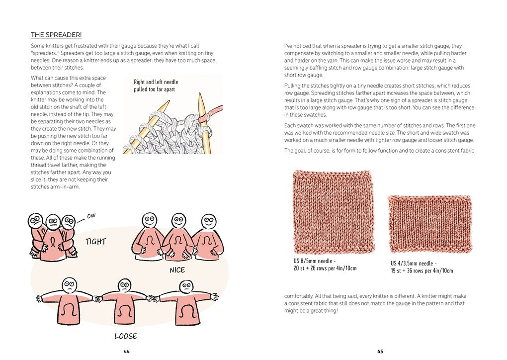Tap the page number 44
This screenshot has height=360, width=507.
pyautogui.click(x=127, y=351)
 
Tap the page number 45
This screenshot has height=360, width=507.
pyautogui.click(x=380, y=351)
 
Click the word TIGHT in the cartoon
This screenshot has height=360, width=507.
pyautogui.click(x=95, y=242)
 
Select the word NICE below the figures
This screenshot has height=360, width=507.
pyautogui.click(x=177, y=270)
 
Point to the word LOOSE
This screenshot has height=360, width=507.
pyautogui.click(x=125, y=336)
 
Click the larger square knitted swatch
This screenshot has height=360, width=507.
pyautogui.click(x=334, y=212)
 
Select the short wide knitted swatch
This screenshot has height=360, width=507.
pyautogui.click(x=429, y=224)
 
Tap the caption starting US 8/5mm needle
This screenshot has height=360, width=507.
pyautogui.click(x=325, y=265)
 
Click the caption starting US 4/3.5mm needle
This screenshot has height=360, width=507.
pyautogui.click(x=422, y=267)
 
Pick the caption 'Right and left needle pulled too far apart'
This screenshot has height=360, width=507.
pyautogui.click(x=156, y=86)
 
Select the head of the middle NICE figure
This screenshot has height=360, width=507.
pyautogui.click(x=178, y=220)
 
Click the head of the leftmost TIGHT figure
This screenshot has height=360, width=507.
pyautogui.click(x=35, y=220)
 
